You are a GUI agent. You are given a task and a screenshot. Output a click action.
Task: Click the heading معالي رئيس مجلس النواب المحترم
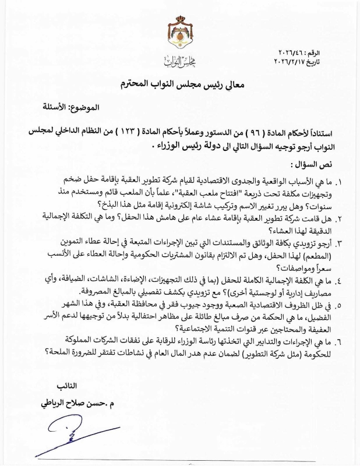[180, 86]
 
